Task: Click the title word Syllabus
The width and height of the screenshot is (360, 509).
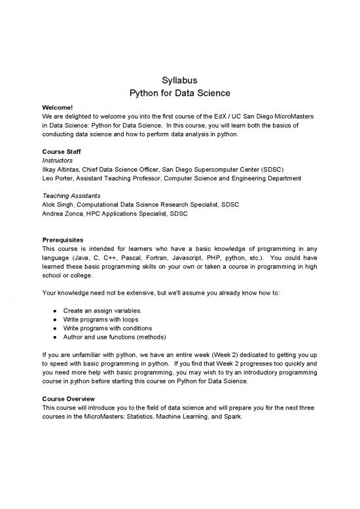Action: tap(179, 81)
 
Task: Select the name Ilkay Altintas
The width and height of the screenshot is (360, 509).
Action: tap(63, 168)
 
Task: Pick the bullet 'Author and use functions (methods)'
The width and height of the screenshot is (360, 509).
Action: tap(115, 337)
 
